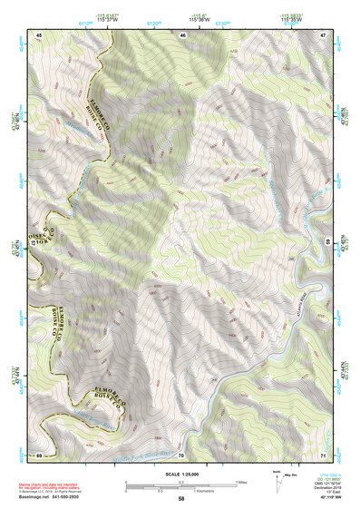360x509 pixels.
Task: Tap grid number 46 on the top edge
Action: tap(183, 34)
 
